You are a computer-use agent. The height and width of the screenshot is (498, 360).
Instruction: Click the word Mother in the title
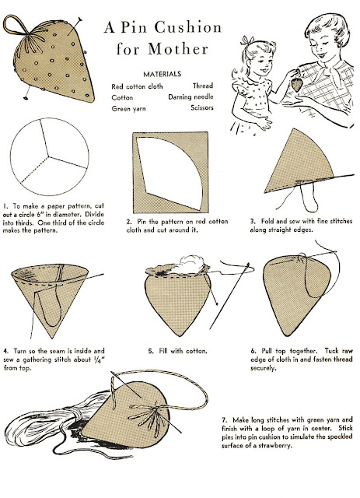(x=178, y=49)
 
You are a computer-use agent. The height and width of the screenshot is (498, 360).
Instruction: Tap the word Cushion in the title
(x=188, y=27)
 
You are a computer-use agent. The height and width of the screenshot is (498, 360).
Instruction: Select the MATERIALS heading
(x=162, y=75)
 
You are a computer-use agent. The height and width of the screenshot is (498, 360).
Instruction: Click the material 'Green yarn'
(x=128, y=109)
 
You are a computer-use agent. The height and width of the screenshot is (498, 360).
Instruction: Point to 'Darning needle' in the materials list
(x=190, y=97)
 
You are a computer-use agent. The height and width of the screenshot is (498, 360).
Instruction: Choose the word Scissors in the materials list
(x=202, y=108)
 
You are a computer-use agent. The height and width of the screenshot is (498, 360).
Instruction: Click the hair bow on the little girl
(x=246, y=40)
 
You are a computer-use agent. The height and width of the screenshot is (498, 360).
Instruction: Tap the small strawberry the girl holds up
(x=296, y=85)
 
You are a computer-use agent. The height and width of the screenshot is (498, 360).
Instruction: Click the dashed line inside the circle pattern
(x=35, y=170)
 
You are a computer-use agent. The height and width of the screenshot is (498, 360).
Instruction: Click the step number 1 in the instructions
(x=5, y=206)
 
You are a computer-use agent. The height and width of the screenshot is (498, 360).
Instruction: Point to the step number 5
(x=151, y=351)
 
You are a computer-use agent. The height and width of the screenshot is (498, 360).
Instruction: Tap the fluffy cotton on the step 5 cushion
(x=189, y=265)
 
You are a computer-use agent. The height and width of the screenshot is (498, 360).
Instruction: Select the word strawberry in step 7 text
(x=275, y=446)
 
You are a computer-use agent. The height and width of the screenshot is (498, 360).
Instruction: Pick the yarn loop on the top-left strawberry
(x=16, y=25)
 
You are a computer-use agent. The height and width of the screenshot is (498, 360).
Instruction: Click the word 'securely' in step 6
(x=263, y=368)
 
